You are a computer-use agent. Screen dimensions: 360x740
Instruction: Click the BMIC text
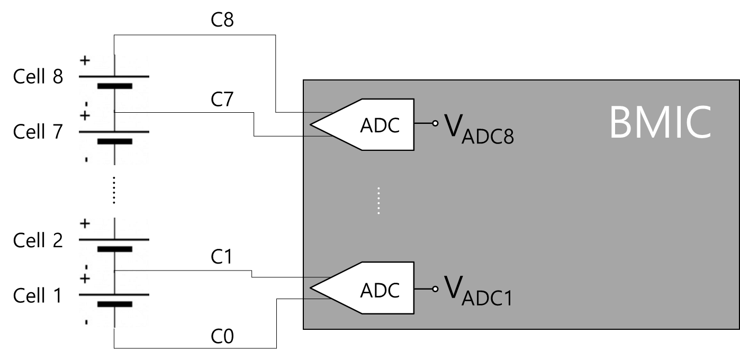pos(660,123)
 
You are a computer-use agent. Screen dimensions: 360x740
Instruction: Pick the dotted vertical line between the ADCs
pos(379,201)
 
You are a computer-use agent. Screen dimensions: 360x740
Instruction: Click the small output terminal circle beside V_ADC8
pos(435,123)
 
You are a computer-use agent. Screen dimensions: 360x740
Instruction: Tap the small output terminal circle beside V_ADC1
pos(435,289)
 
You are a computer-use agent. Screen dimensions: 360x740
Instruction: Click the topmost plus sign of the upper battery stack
pos(85,60)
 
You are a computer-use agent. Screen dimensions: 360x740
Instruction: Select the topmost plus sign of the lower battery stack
pos(85,223)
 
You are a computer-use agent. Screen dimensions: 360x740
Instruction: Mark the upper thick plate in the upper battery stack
pos(114,85)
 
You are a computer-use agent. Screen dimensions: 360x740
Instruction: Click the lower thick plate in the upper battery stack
pos(114,141)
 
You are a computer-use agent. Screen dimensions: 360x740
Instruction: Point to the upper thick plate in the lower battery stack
pos(114,248)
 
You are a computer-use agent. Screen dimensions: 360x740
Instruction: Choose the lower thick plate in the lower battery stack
pos(114,304)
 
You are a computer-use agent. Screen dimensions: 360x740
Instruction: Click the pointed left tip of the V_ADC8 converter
pos(311,125)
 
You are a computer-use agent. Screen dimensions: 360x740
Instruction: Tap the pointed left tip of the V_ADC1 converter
pos(311,289)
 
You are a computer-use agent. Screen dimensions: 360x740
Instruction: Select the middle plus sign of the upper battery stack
pos(85,115)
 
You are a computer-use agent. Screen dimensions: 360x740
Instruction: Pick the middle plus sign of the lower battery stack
pos(85,278)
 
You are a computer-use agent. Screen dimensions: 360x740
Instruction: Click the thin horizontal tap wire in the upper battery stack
pos(132,112)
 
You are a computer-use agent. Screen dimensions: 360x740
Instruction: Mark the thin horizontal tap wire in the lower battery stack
pos(132,271)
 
